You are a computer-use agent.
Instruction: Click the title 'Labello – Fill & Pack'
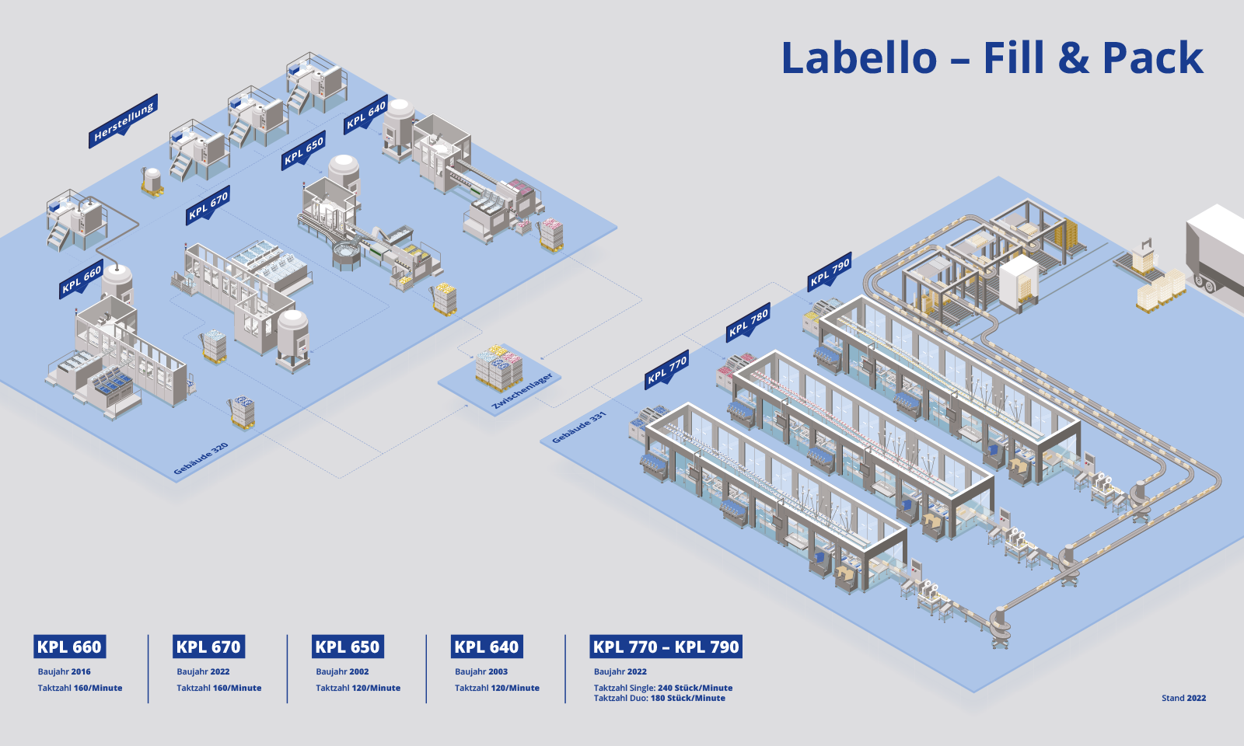991,58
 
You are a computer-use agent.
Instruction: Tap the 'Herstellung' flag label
124,122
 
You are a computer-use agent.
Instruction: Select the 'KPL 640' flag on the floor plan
366,115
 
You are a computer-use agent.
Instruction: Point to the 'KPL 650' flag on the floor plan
303,150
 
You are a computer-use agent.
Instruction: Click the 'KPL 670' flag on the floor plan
208,205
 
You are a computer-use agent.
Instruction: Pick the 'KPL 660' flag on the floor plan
82,279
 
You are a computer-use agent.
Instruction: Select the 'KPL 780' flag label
749,321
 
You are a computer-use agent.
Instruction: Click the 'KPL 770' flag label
667,369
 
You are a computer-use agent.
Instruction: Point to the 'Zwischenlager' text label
522,391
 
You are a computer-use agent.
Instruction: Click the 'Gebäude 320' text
201,458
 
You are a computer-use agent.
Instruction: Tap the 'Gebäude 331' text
578,428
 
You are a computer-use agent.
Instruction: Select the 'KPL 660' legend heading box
69,647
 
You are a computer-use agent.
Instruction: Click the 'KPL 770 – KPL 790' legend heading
666,647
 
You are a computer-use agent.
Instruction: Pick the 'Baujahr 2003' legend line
481,671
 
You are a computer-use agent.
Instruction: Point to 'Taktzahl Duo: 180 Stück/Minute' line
659,698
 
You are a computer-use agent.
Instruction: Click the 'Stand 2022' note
1183,698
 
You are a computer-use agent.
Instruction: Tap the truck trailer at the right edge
1215,249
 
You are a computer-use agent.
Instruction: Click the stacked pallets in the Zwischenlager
498,366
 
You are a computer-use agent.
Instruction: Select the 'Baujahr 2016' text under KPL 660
65,671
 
